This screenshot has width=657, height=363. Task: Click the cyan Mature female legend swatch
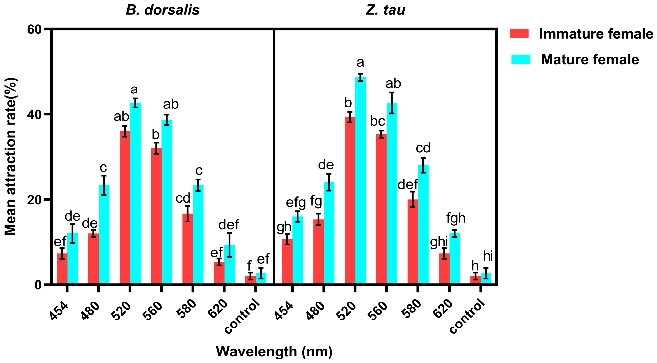point(521,59)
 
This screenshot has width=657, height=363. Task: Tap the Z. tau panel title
point(385,10)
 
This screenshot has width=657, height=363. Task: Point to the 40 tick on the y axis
point(34,115)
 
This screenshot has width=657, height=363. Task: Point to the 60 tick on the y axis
point(34,30)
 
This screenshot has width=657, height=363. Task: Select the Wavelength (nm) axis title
point(274,352)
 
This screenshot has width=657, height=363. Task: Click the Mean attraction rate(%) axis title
point(11,156)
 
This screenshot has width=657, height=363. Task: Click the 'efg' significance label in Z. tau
point(296,203)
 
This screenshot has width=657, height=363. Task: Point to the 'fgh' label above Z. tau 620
point(456,218)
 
